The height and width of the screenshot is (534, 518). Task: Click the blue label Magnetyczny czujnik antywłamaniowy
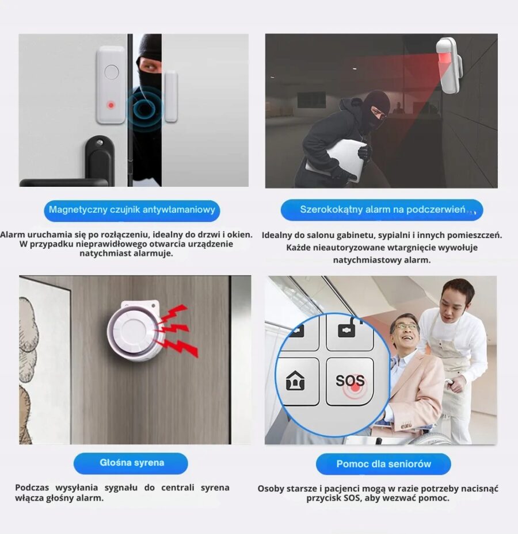(132, 210)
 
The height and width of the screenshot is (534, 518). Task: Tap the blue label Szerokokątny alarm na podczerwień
(382, 210)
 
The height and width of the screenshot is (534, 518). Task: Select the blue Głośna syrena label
(131, 463)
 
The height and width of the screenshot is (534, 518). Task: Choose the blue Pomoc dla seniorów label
(383, 464)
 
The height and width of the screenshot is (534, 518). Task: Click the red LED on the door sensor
(111, 105)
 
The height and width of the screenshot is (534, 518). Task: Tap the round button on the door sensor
(112, 72)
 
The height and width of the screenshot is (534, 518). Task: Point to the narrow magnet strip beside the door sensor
(171, 97)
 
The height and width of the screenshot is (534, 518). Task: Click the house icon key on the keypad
(296, 381)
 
